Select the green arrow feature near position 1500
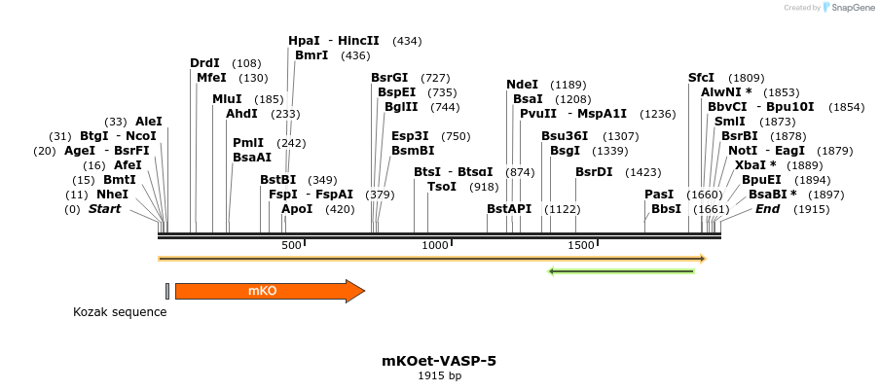coord(621,270)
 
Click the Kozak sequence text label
coord(120,312)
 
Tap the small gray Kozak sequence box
coord(167,291)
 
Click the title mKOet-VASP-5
coord(439,361)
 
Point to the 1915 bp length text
coord(439,376)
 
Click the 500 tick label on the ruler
coord(291,246)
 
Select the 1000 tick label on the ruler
coord(435,246)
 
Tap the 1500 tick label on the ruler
coord(581,246)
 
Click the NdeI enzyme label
coord(522,85)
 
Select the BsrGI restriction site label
coord(389,78)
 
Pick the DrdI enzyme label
coord(204,63)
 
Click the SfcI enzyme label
coord(701,78)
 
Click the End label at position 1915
coord(767,209)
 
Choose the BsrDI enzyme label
coord(594,172)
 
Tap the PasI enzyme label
coord(659,195)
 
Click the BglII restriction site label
coord(401,107)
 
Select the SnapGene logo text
coord(850,8)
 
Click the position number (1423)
coord(643,172)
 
